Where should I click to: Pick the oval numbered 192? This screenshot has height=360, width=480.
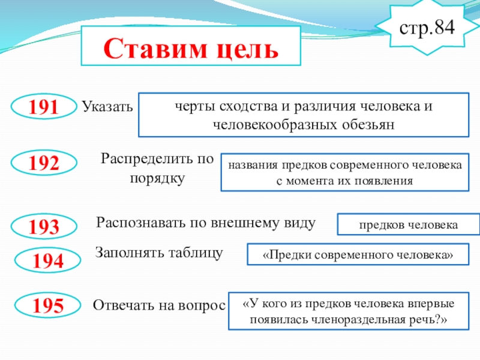pyautogui.click(x=45, y=163)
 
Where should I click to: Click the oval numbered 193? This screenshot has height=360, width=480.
pyautogui.click(x=45, y=226)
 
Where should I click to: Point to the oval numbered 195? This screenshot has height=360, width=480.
pyautogui.click(x=48, y=305)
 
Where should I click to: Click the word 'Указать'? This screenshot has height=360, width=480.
pyautogui.click(x=106, y=108)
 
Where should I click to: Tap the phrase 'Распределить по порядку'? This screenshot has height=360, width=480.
pyautogui.click(x=157, y=169)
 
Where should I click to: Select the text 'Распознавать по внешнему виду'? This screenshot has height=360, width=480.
pyautogui.click(x=206, y=223)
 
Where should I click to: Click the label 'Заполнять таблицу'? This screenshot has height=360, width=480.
pyautogui.click(x=159, y=253)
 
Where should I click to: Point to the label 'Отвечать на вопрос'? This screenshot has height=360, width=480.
pyautogui.click(x=158, y=305)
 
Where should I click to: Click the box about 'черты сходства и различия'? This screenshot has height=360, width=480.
pyautogui.click(x=304, y=115)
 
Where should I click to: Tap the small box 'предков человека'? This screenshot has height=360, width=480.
pyautogui.click(x=409, y=224)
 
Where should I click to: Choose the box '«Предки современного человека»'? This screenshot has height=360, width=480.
pyautogui.click(x=358, y=254)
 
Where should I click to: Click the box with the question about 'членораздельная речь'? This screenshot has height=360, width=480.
pyautogui.click(x=349, y=311)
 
